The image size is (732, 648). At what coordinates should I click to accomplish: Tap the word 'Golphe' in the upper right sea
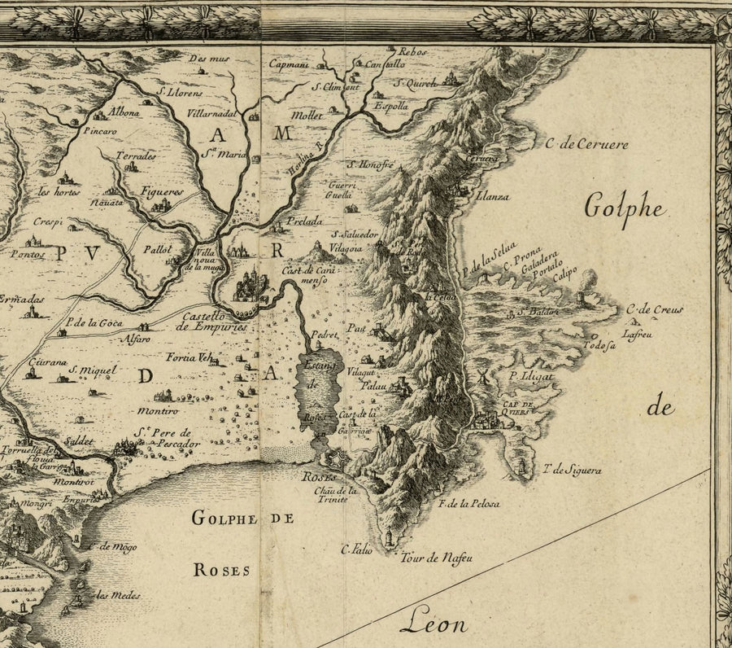coord(625,208)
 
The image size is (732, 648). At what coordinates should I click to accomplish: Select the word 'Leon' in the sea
coord(434,624)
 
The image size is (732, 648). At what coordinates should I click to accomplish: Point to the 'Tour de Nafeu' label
coord(436,558)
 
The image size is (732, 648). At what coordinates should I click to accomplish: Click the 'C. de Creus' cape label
coord(655,309)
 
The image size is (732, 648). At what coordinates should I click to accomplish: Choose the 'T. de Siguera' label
coord(572,470)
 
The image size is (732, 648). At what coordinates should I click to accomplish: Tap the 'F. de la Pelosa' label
coord(468,504)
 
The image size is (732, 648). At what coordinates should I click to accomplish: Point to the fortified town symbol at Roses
coord(333,460)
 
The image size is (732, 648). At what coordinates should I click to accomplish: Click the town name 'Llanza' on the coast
coord(493,196)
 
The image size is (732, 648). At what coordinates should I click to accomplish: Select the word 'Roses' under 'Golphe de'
coord(221,571)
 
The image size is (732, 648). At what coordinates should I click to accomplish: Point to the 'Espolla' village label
coord(390,106)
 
